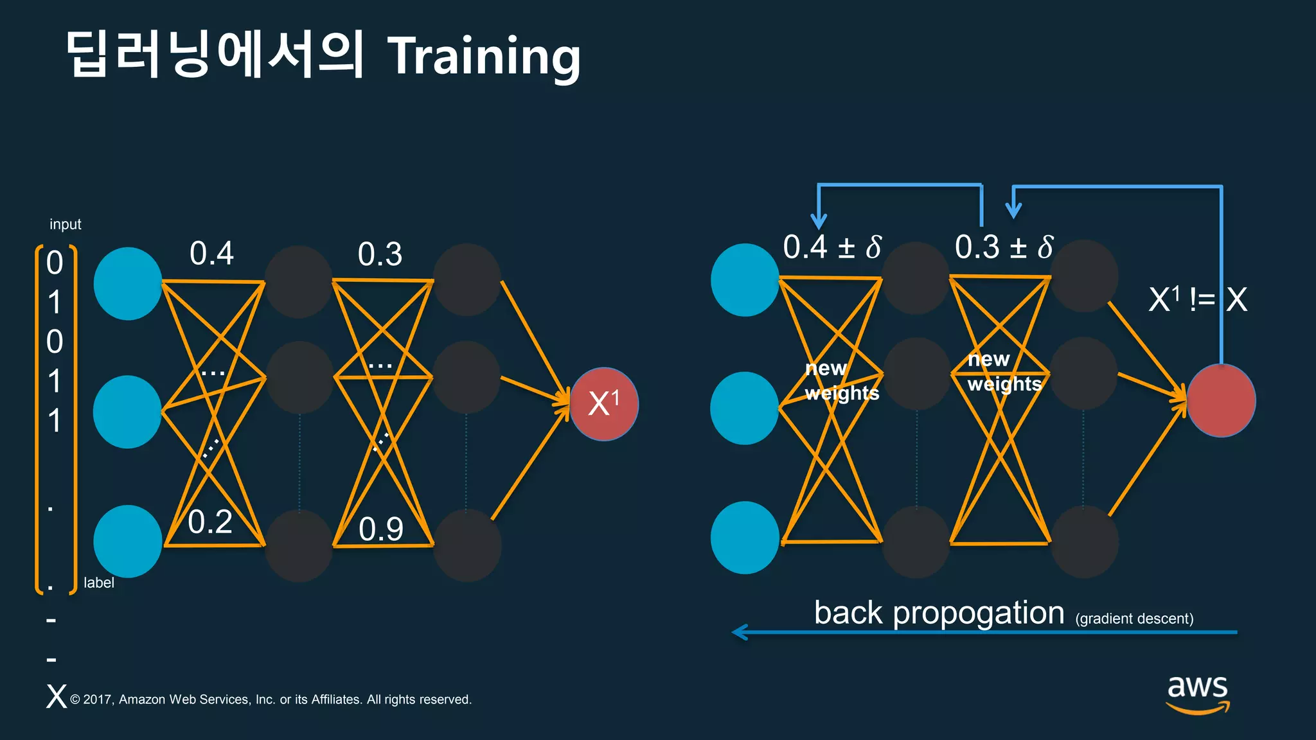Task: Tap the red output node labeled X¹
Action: pyautogui.click(x=604, y=404)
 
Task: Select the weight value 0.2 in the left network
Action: pyautogui.click(x=210, y=522)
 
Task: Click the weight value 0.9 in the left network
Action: pyautogui.click(x=380, y=529)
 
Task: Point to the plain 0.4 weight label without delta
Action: pyautogui.click(x=211, y=253)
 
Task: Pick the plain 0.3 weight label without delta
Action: pyautogui.click(x=380, y=254)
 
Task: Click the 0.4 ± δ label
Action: pyautogui.click(x=832, y=247)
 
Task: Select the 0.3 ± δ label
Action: pyautogui.click(x=1004, y=247)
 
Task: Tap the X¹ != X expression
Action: pyautogui.click(x=1197, y=299)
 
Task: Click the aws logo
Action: pyautogui.click(x=1197, y=694)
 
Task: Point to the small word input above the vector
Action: pyautogui.click(x=66, y=224)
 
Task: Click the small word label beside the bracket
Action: pyautogui.click(x=99, y=583)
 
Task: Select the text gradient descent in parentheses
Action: pyautogui.click(x=1134, y=619)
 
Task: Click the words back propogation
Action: pyautogui.click(x=939, y=613)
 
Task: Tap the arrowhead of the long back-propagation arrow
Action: pyautogui.click(x=739, y=632)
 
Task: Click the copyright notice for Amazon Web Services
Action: pyautogui.click(x=271, y=700)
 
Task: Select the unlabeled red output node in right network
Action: pyautogui.click(x=1221, y=401)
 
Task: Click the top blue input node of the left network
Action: pyautogui.click(x=128, y=283)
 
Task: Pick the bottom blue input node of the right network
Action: pyautogui.click(x=745, y=538)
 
